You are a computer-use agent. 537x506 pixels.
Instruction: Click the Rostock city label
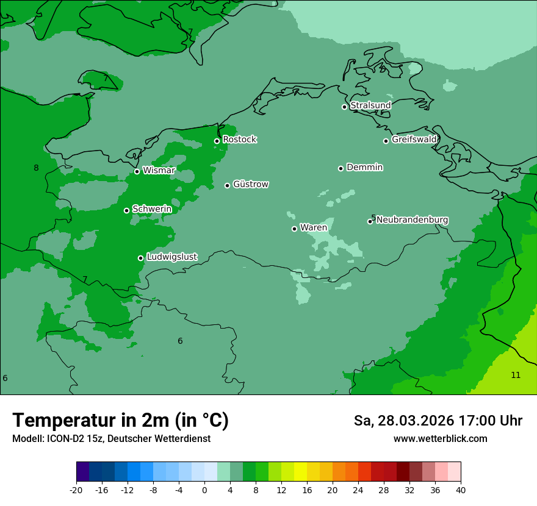(239, 140)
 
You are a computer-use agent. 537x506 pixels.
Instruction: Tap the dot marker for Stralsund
(344, 107)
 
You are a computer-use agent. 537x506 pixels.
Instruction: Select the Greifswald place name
(414, 140)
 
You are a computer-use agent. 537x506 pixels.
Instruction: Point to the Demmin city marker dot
(341, 168)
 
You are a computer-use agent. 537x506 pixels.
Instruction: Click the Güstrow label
(250, 184)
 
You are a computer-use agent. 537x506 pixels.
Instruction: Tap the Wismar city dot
(137, 171)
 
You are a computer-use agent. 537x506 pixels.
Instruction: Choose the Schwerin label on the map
(152, 209)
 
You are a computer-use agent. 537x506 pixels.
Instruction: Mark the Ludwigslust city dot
(140, 258)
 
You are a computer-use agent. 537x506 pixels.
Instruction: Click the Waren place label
(313, 227)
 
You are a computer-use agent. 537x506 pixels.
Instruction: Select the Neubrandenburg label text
(412, 219)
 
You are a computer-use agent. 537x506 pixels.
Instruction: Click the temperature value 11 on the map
(516, 375)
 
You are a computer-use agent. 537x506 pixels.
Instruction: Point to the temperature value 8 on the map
(36, 168)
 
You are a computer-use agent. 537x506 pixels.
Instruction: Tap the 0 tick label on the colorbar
(204, 490)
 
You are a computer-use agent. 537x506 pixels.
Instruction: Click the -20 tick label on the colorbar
(76, 490)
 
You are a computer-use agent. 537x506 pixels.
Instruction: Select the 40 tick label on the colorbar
(461, 490)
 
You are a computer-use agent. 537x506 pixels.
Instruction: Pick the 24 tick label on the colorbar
(358, 490)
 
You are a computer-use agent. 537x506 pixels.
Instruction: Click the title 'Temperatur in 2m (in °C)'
(120, 420)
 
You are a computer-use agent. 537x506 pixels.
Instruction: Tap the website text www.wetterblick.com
(440, 438)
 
